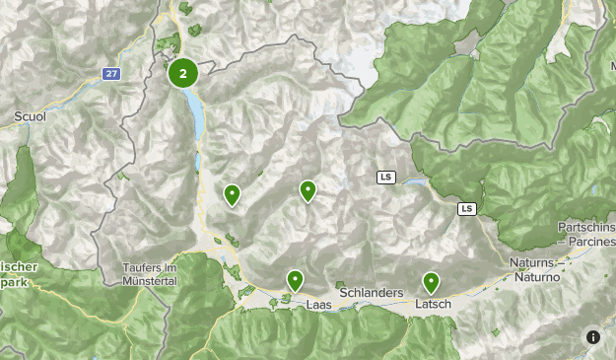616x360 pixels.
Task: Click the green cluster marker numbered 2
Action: coord(183,73)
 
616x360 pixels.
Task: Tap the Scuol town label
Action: coord(31,116)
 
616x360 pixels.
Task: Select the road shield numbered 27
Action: coord(112,73)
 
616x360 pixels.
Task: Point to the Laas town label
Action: coord(319,306)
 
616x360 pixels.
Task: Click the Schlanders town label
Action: coord(371,294)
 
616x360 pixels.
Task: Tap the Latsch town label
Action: coord(434,304)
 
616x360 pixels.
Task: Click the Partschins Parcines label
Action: coord(585,234)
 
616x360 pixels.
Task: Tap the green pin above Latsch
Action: coord(431,282)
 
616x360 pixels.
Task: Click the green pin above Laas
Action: coord(295,280)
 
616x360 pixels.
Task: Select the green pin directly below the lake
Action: coord(232,194)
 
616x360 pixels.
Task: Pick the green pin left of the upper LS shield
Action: coord(308,190)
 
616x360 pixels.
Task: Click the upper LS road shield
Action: coord(385,178)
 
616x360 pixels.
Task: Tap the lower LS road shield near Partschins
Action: coord(466,208)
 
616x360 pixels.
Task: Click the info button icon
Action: coord(593,337)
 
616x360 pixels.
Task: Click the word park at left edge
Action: coord(13,281)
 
